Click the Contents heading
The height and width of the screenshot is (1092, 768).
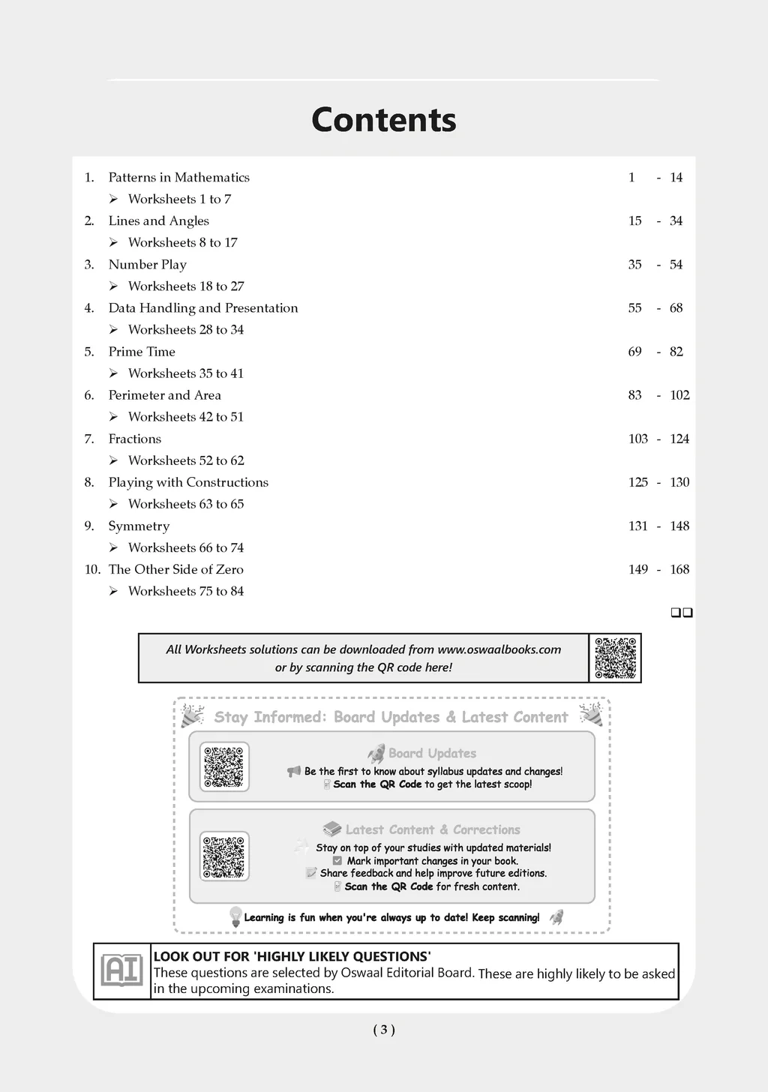pyautogui.click(x=383, y=120)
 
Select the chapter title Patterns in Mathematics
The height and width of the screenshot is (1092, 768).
pyautogui.click(x=178, y=178)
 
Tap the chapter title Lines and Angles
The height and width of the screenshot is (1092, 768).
pyautogui.click(x=158, y=221)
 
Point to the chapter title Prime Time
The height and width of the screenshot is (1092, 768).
pyautogui.click(x=142, y=352)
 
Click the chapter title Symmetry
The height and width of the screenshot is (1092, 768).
pyautogui.click(x=139, y=526)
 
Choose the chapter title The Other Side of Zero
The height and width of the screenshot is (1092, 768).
pyautogui.click(x=175, y=570)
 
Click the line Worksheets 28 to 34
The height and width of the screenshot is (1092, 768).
pyautogui.click(x=185, y=330)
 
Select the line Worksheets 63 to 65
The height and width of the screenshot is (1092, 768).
pyautogui.click(x=185, y=505)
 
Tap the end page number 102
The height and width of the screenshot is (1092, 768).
pyautogui.click(x=679, y=395)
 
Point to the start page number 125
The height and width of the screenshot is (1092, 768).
pyautogui.click(x=637, y=482)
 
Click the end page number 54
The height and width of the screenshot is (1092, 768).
pyautogui.click(x=676, y=265)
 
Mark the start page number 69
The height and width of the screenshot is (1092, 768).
pyautogui.click(x=634, y=352)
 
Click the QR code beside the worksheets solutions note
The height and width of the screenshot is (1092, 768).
pyautogui.click(x=615, y=658)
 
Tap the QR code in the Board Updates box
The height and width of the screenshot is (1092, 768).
pyautogui.click(x=224, y=766)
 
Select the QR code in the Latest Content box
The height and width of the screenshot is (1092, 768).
pyautogui.click(x=224, y=856)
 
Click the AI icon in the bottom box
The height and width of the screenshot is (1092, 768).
pyautogui.click(x=121, y=971)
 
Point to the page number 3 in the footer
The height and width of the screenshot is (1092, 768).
pyautogui.click(x=383, y=1030)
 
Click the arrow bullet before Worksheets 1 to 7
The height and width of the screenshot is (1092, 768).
pyautogui.click(x=113, y=199)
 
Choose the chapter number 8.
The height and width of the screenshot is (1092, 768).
pyautogui.click(x=89, y=483)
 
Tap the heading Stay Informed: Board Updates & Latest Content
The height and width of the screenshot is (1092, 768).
pyautogui.click(x=391, y=717)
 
